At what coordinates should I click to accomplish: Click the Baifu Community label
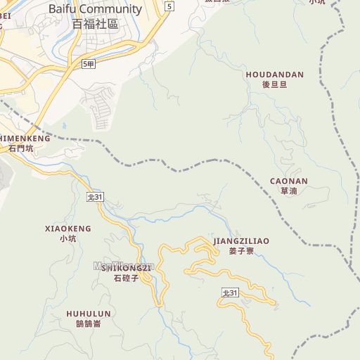click(x=95, y=9)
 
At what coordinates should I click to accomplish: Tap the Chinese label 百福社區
click(x=95, y=23)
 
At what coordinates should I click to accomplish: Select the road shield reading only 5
click(x=169, y=6)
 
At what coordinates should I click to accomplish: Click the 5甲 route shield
click(x=88, y=64)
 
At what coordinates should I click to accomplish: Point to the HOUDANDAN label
click(x=274, y=74)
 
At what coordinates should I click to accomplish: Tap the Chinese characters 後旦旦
click(x=274, y=84)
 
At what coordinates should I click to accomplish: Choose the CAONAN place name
click(x=288, y=181)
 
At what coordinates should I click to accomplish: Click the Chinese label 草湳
click(x=288, y=191)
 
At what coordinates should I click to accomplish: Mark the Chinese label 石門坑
click(x=21, y=148)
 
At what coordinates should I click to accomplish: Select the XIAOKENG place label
click(x=67, y=229)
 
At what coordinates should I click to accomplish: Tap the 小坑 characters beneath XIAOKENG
click(x=67, y=239)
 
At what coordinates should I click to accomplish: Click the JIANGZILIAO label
click(x=241, y=240)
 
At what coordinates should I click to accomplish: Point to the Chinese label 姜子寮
click(x=241, y=251)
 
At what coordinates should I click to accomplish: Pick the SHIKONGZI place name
click(x=127, y=268)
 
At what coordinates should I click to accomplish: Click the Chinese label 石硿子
click(x=127, y=278)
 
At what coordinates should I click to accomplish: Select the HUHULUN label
click(x=88, y=314)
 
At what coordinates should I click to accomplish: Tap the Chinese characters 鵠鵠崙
click(x=88, y=324)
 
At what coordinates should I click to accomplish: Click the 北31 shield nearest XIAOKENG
click(x=95, y=198)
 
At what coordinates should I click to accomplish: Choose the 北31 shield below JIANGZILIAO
click(x=230, y=292)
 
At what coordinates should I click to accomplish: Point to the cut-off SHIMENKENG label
click(x=25, y=139)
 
